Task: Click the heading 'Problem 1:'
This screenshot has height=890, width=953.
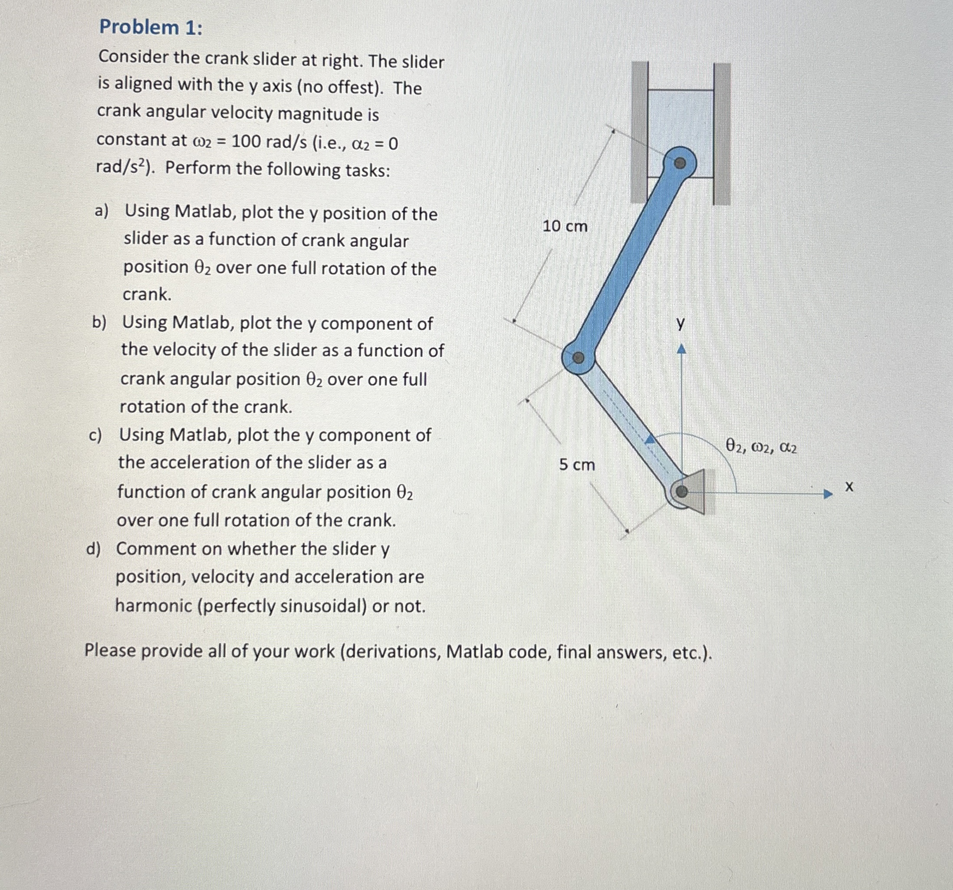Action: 151,27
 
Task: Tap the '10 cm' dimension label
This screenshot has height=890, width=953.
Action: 565,226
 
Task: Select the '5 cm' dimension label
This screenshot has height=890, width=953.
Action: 577,464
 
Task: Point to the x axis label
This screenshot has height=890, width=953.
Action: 849,487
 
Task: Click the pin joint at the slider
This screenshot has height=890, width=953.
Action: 680,164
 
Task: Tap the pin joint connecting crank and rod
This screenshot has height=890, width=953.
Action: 578,358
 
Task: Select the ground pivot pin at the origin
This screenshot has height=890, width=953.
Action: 681,491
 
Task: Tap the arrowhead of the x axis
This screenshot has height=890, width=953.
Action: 828,494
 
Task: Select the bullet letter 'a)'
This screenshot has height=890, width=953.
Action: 102,211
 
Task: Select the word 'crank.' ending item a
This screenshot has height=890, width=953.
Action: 147,294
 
